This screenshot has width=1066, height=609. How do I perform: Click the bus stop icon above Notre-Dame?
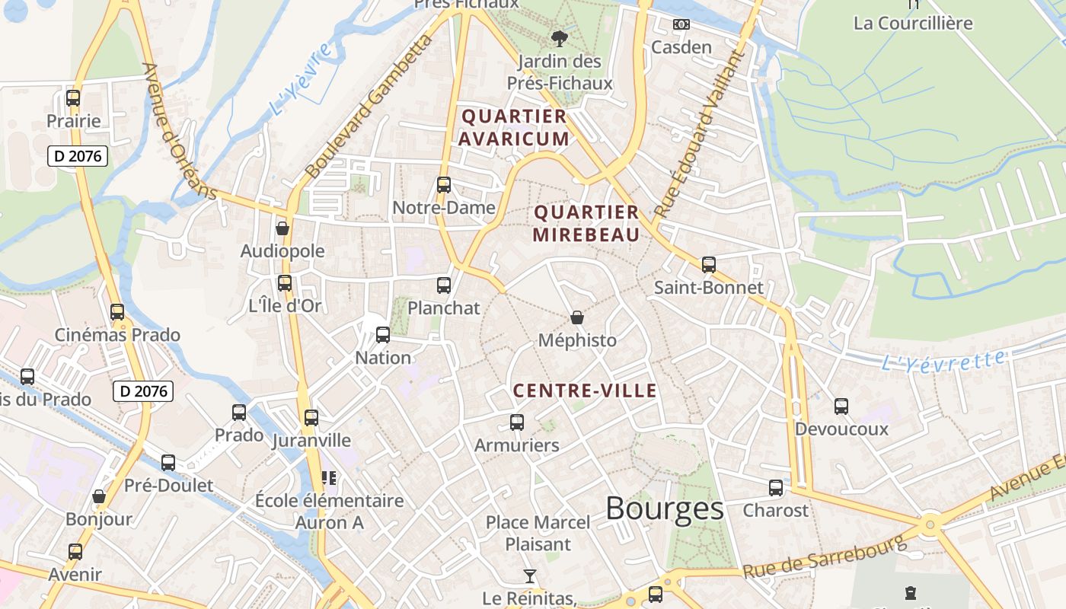pos(444,185)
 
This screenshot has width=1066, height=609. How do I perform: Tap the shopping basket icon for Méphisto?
pos(577,317)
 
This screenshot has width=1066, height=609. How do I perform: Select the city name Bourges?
pos(664,509)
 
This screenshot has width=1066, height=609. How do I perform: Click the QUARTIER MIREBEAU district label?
pos(586,223)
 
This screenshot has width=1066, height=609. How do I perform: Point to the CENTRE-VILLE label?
pos(585,391)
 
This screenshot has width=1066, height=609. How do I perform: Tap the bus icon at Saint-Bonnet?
pos(709,265)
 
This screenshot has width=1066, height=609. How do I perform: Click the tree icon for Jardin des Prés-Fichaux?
pos(560,38)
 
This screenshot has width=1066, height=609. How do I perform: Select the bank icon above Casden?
pos(681,24)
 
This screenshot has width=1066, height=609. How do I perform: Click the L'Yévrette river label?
pos(943,360)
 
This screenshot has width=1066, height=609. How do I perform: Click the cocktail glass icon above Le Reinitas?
pos(530,576)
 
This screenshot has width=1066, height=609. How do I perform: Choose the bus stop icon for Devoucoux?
pos(841,407)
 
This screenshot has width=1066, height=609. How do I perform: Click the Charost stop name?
pos(775,510)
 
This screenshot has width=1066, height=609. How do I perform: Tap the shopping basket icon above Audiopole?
pos(282,228)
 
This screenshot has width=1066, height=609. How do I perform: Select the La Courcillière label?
pos(913,23)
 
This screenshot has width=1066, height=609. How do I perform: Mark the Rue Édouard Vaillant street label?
pos(697,134)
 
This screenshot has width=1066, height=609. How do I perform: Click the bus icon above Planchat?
pos(444,285)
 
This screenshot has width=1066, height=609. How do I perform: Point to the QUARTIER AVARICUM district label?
pos(514,127)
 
